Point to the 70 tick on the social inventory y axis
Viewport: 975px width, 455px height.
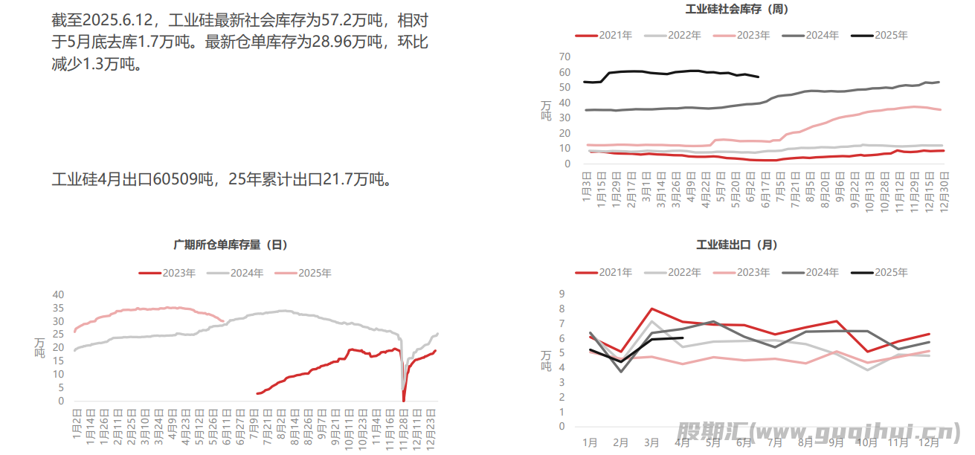coord(564,57)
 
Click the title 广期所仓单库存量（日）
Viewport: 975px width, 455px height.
coord(231,245)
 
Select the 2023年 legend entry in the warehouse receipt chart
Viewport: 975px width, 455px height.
coord(168,273)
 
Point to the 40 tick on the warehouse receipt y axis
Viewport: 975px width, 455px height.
coord(58,294)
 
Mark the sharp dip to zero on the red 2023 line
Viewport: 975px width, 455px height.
coord(404,400)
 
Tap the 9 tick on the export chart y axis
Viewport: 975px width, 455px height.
coord(562,294)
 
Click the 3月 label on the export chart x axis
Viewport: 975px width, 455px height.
coord(651,442)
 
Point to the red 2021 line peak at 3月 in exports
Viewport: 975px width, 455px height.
coord(651,309)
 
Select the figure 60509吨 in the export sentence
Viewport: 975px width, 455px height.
coord(184,179)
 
